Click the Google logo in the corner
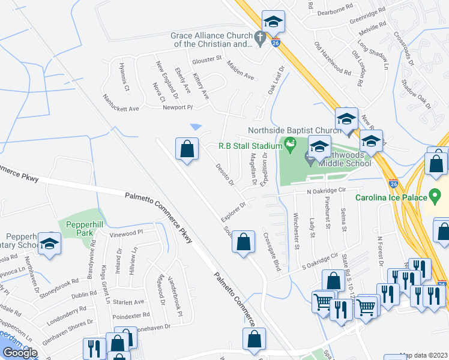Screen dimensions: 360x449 (19, 353)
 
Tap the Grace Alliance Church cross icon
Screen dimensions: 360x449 (259, 40)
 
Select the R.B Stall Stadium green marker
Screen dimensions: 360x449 (291, 144)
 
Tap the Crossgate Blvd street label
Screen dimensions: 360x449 (272, 251)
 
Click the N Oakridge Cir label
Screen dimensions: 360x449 (327, 191)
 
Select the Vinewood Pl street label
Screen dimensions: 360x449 (127, 232)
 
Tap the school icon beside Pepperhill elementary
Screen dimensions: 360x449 (49, 244)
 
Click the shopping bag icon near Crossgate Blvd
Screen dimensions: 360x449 (243, 242)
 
